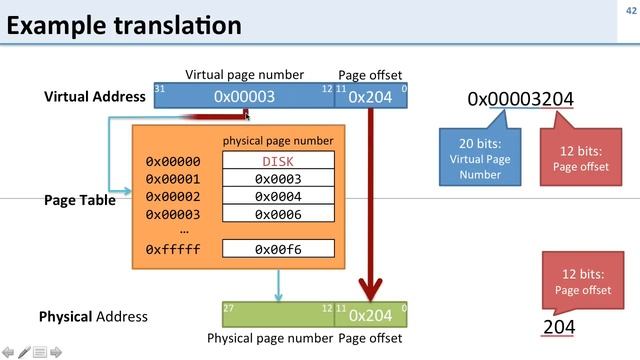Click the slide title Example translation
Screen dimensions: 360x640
pos(124,24)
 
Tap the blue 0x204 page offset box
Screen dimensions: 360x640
pos(371,96)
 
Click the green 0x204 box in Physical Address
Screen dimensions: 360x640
pos(371,315)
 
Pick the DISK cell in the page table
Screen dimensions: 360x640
pos(278,161)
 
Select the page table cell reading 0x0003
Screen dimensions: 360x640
pos(278,179)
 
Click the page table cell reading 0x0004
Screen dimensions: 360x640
pos(278,197)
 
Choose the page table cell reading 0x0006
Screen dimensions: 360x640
pos(278,214)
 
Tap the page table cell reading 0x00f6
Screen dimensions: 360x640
pos(278,249)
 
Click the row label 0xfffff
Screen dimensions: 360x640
pos(173,249)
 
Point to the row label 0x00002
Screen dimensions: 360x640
pos(173,197)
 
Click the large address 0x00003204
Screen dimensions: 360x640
pos(520,99)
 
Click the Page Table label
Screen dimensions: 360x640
pos(79,200)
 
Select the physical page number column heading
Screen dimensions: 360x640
pos(278,141)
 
